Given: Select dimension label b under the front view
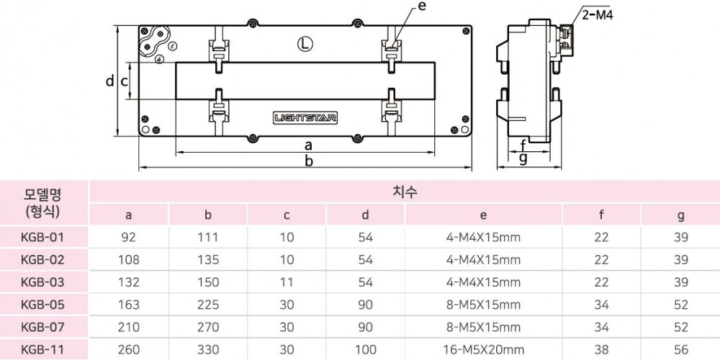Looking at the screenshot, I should pyautogui.click(x=308, y=161).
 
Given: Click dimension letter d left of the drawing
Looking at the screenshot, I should pyautogui.click(x=109, y=81).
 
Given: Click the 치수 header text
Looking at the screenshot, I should pyautogui.click(x=404, y=192).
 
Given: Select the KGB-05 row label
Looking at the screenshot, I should pyautogui.click(x=42, y=305).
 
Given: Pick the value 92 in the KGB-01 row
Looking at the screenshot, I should pyautogui.click(x=128, y=238).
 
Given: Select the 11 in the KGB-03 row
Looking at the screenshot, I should pyautogui.click(x=287, y=282).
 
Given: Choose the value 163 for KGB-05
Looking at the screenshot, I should pyautogui.click(x=128, y=305).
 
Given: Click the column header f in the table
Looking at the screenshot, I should pyautogui.click(x=602, y=215).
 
